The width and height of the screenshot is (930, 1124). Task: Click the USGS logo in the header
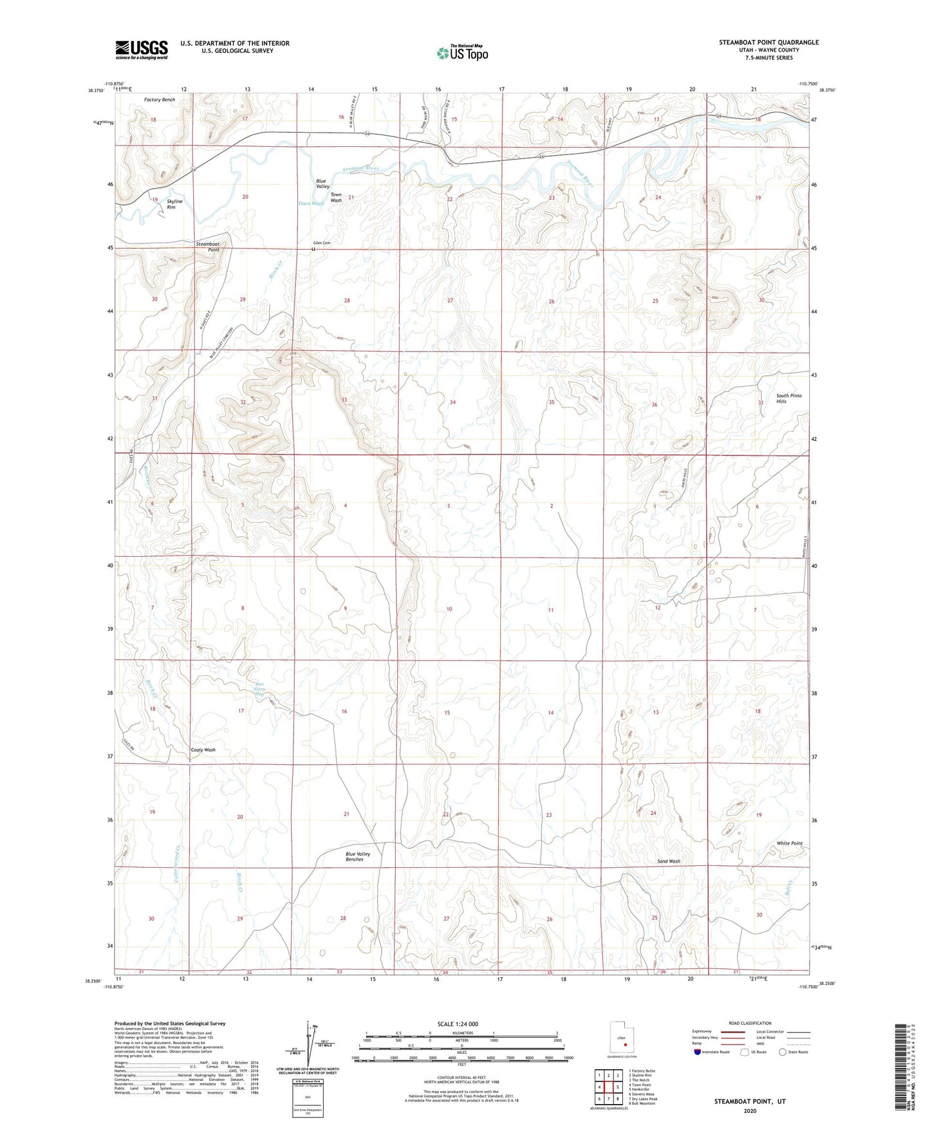click(142, 50)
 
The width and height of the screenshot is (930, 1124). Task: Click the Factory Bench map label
click(160, 100)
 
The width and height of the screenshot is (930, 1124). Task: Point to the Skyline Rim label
click(174, 204)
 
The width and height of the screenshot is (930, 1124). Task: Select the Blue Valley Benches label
click(358, 856)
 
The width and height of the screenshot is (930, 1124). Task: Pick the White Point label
click(789, 843)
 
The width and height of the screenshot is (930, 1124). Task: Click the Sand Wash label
click(669, 861)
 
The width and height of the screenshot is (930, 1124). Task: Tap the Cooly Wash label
click(203, 750)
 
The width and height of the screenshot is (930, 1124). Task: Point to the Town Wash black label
click(336, 197)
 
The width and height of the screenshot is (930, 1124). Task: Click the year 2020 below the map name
click(750, 1110)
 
